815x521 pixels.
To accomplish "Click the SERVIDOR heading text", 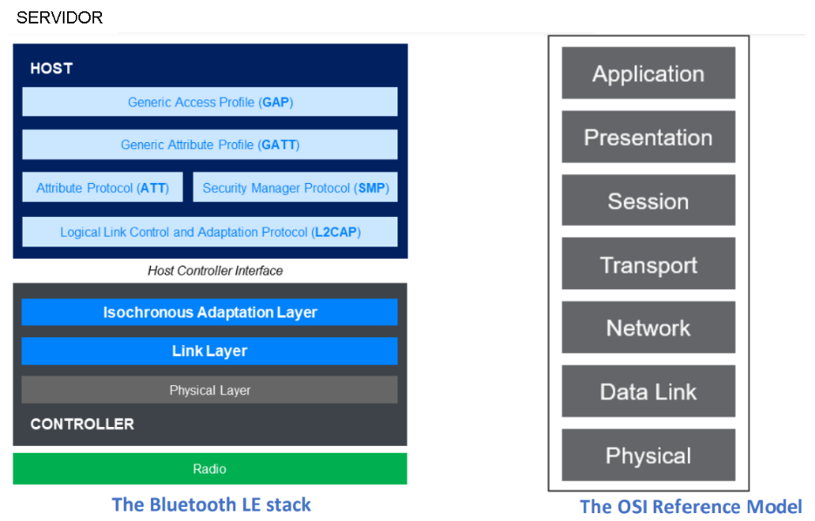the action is (x=59, y=17).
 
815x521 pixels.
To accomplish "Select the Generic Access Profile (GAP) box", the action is (x=210, y=102).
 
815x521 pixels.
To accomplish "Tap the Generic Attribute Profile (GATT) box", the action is (x=210, y=145).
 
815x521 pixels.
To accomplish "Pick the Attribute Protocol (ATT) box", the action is (x=102, y=187).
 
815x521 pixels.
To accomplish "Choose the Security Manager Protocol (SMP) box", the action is (x=295, y=187).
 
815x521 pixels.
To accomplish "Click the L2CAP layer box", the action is (x=210, y=232).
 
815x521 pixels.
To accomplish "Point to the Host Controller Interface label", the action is (x=215, y=271).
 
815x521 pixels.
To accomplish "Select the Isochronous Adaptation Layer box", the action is (x=209, y=312).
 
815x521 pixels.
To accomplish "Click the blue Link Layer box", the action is (x=209, y=351).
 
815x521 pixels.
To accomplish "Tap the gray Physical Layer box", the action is (x=209, y=389).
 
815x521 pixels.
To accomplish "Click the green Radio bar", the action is (x=210, y=469).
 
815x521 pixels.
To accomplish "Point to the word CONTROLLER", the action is (x=82, y=424).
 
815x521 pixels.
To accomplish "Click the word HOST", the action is (x=51, y=68).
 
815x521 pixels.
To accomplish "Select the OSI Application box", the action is (x=649, y=73).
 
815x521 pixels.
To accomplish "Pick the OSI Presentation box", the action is (x=649, y=137).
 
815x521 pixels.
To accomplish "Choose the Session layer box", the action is (x=649, y=200).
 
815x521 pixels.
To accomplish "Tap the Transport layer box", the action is (x=649, y=264).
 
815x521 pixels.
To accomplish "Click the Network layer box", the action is (x=649, y=328).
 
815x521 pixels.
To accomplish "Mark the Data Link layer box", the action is (x=649, y=391).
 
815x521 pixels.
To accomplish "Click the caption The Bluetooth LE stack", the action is (x=211, y=504).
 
